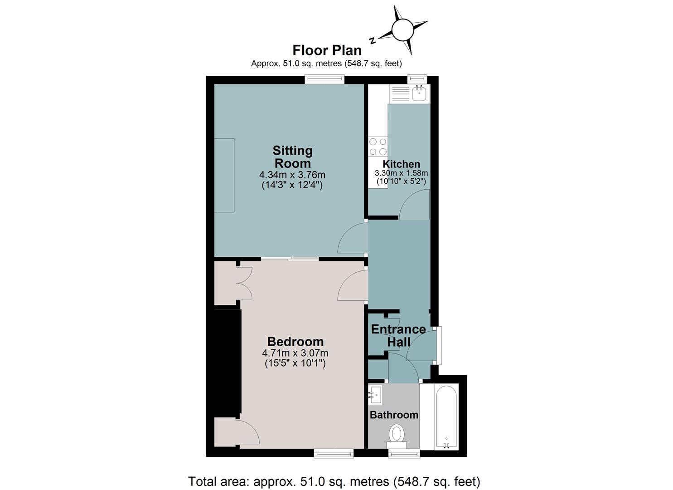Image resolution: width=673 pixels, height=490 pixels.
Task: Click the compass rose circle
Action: [403, 30]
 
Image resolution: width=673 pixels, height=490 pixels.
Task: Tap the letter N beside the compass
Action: [373, 40]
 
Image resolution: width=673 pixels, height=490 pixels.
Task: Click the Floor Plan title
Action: [327, 50]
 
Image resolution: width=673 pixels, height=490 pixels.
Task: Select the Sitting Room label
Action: [292, 157]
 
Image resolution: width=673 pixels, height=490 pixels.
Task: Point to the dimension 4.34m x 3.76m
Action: [292, 175]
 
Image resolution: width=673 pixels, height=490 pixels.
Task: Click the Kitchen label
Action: [401, 164]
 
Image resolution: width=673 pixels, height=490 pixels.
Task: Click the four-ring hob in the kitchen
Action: [378, 147]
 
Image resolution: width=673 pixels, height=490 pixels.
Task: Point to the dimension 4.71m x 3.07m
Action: [295, 353]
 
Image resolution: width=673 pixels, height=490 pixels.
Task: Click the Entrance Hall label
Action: [398, 335]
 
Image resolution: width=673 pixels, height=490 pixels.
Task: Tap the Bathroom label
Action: [394, 415]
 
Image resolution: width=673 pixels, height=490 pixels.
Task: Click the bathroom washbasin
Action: [375, 394]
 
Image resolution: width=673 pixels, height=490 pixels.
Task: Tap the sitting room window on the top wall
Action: [324, 79]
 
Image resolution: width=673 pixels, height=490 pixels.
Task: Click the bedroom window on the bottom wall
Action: [334, 453]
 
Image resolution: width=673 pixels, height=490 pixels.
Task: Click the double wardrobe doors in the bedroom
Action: [244, 283]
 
